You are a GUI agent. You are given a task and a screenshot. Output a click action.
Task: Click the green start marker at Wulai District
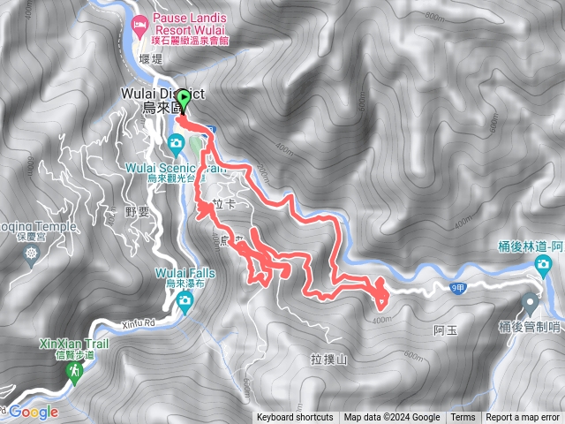(x=184, y=99)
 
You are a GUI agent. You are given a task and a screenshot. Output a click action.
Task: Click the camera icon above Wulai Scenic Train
(x=176, y=143)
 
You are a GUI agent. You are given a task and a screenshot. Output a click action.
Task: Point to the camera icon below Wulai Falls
(x=185, y=303)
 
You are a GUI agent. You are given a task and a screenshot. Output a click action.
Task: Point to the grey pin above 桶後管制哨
(x=531, y=303)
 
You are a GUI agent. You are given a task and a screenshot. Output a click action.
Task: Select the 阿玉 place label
(x=446, y=331)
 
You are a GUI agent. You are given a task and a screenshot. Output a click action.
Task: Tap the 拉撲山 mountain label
(x=328, y=360)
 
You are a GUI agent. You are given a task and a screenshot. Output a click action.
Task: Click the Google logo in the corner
(x=34, y=412)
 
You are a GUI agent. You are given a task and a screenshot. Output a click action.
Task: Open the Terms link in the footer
(x=463, y=418)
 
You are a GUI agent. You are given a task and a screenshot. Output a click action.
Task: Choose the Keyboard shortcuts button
(x=295, y=418)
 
